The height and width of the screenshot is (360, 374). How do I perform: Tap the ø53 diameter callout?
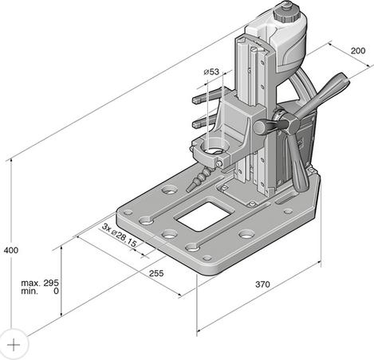(x=211, y=72)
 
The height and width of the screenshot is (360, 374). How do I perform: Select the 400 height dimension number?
(x=10, y=250)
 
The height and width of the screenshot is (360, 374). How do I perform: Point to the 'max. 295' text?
(x=41, y=283)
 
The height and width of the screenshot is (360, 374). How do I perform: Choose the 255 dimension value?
(x=156, y=274)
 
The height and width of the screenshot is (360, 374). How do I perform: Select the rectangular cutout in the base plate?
(x=199, y=215)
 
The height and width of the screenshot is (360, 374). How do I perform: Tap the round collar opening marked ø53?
(x=213, y=148)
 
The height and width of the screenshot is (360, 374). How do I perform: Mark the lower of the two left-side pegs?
(x=203, y=123)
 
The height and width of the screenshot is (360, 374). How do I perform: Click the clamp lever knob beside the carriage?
(x=261, y=127)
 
